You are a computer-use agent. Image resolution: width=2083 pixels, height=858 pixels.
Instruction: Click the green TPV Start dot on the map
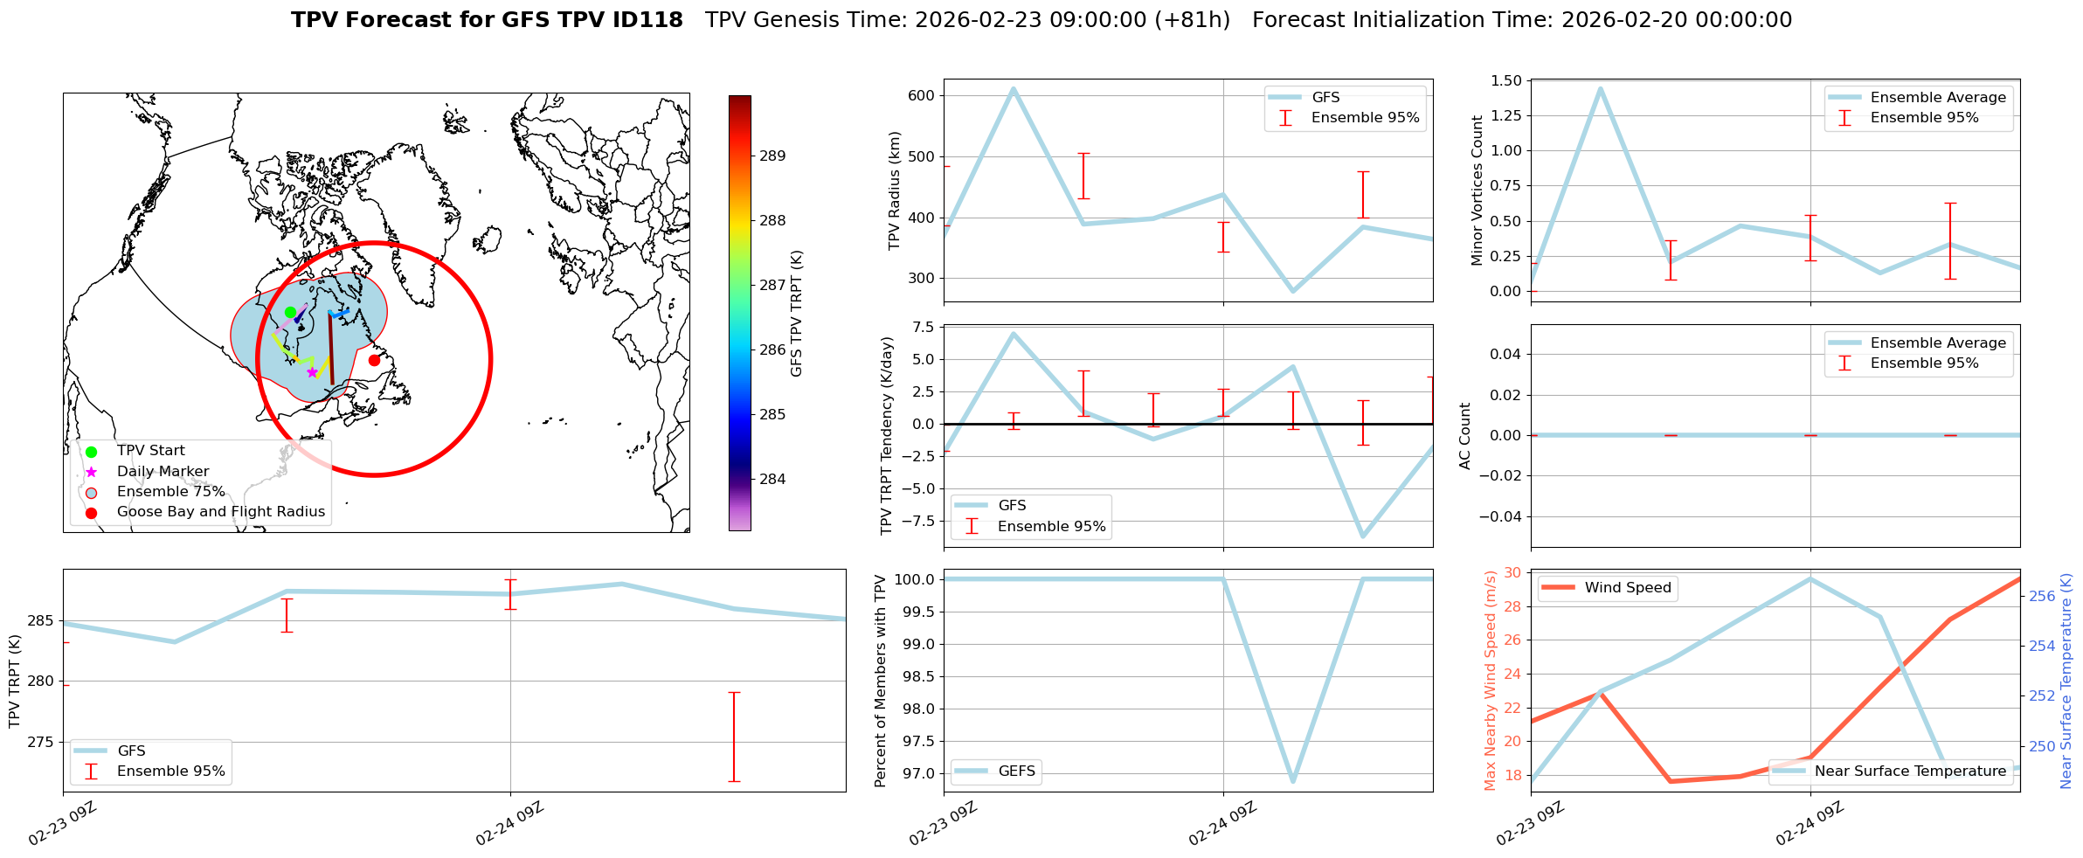(290, 312)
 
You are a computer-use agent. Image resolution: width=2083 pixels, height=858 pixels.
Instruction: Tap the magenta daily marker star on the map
(312, 372)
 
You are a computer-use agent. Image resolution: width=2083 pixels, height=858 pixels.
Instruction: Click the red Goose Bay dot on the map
(374, 360)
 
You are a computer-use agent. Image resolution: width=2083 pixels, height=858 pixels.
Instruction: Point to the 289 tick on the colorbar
(772, 156)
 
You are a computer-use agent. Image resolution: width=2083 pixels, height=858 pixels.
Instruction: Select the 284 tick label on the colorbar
(772, 479)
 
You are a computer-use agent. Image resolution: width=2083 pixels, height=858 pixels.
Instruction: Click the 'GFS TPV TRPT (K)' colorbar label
(796, 314)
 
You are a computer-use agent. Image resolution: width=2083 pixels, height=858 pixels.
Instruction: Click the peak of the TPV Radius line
(1013, 88)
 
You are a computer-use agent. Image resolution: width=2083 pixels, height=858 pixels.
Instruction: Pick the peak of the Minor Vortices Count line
(1600, 88)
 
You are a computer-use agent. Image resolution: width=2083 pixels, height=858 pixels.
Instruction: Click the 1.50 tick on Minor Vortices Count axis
(1503, 81)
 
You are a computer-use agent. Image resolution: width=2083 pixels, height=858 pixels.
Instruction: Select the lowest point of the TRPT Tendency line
(1363, 536)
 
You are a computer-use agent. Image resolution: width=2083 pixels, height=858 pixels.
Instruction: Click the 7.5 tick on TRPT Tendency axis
(922, 328)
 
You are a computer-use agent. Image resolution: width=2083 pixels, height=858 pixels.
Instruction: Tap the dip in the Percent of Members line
(1293, 780)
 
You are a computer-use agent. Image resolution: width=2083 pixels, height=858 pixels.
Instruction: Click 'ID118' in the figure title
(649, 20)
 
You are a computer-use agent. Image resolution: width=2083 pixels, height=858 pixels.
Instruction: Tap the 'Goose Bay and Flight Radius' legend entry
(220, 512)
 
